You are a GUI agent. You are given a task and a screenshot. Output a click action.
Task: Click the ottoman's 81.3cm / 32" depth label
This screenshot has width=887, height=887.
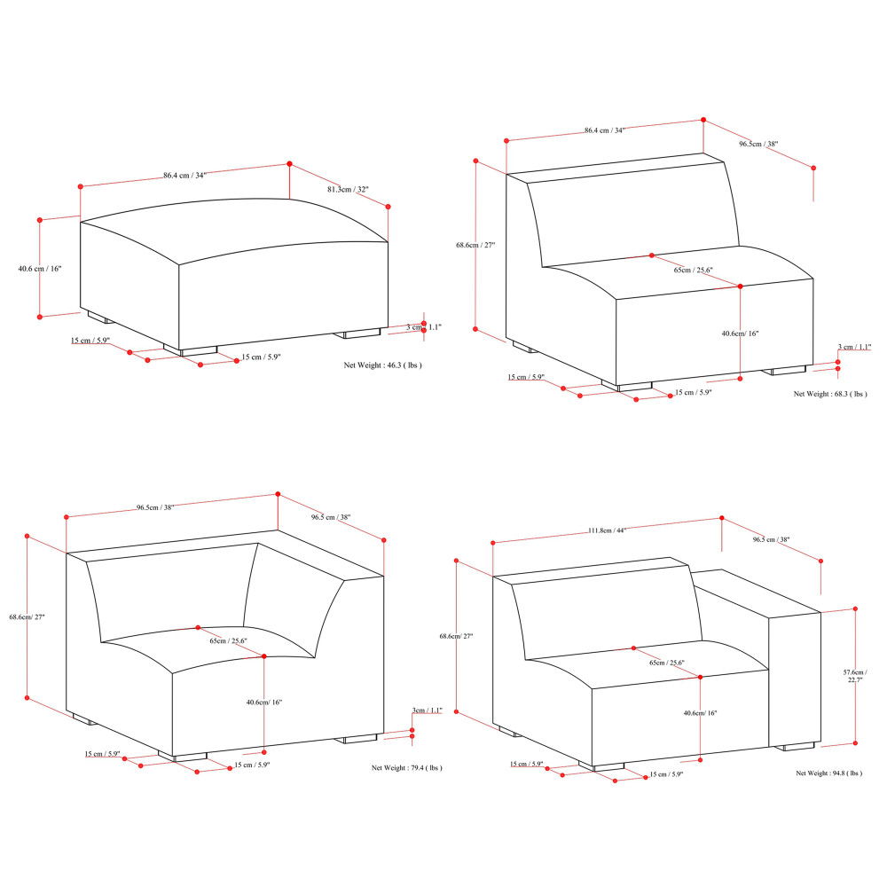348,190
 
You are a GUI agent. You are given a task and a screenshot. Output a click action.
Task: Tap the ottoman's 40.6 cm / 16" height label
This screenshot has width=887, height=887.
40,269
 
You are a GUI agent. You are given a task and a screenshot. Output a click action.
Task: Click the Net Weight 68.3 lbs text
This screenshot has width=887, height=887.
830,394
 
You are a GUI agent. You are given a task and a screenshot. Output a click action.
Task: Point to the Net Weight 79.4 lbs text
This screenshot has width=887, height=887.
406,768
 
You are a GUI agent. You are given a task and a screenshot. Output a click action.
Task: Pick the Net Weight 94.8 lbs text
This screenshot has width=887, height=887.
828,773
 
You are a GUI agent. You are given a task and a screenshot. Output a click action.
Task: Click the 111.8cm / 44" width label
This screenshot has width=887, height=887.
607,530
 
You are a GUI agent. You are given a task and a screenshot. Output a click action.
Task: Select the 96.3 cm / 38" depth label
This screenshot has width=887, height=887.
770,539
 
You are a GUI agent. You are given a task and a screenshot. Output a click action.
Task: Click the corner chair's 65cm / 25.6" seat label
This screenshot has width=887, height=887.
228,640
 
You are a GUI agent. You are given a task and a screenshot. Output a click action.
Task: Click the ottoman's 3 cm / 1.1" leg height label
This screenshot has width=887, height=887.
424,327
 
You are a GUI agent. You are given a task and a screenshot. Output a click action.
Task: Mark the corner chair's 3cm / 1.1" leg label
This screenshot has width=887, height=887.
427,710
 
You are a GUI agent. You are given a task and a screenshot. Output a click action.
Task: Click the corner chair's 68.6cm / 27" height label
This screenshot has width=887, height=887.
27,617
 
